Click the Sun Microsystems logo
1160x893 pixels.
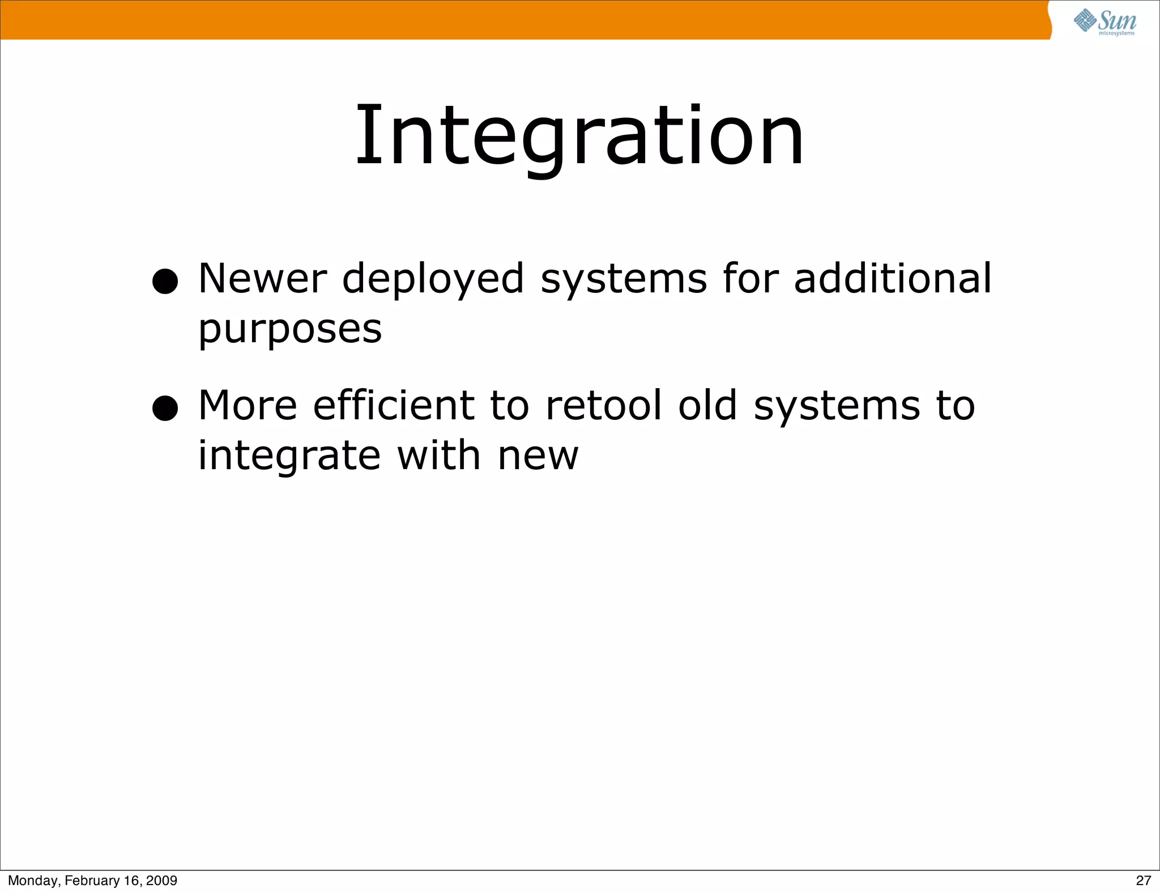point(1105,22)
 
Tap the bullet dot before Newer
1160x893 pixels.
point(165,281)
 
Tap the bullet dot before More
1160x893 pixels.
point(165,408)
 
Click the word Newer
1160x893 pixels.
point(262,279)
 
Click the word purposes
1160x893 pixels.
point(290,331)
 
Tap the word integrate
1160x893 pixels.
point(289,457)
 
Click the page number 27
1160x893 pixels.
point(1143,881)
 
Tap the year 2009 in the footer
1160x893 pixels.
point(162,881)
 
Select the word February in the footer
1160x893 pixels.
point(92,881)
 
